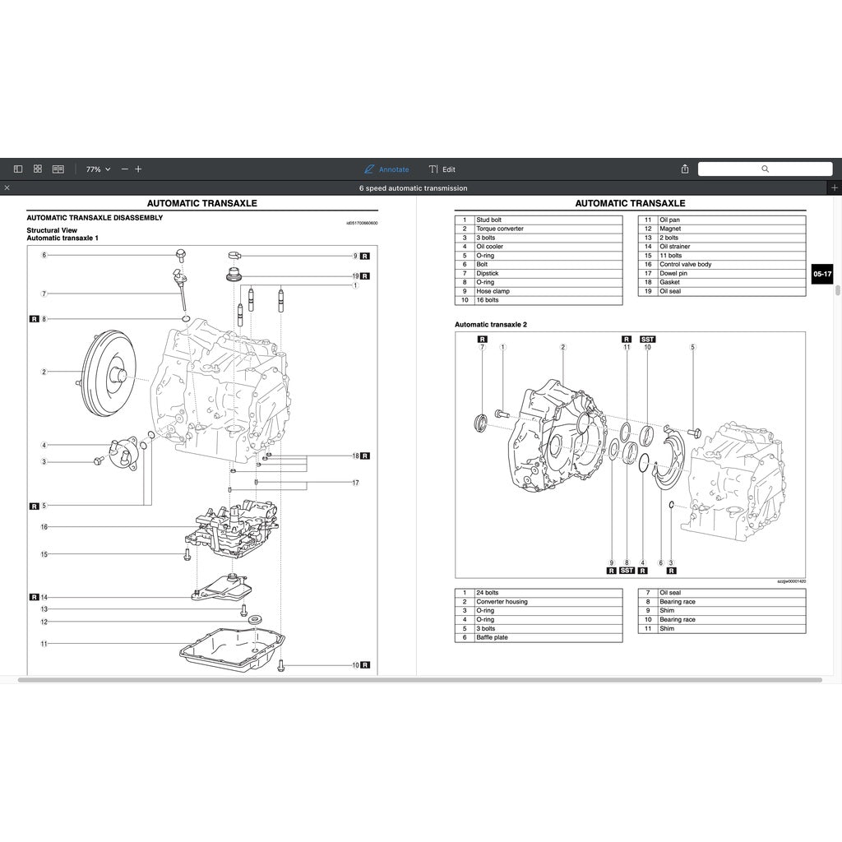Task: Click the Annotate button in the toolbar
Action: click(386, 169)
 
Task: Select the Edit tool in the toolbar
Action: click(442, 169)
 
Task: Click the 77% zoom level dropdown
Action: click(98, 169)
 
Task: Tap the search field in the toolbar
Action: click(764, 169)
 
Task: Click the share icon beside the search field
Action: click(685, 169)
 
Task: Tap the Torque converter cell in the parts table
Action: click(499, 229)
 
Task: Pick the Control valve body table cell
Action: click(685, 265)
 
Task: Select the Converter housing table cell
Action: click(502, 602)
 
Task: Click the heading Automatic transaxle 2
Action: click(491, 325)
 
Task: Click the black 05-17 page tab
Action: click(821, 274)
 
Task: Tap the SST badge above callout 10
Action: click(647, 339)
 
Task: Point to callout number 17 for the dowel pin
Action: click(355, 483)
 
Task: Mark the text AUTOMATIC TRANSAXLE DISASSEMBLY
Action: click(95, 218)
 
